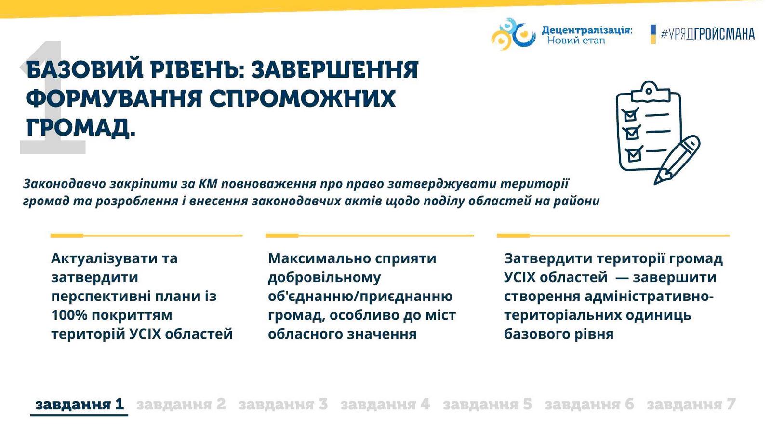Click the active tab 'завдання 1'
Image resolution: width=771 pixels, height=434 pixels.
[80, 405]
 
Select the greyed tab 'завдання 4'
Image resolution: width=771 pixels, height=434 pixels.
[385, 405]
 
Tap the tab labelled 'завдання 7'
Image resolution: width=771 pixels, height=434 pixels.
[691, 405]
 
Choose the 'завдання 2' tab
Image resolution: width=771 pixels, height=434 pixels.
[181, 405]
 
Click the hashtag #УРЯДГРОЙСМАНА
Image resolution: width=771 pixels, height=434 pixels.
[708, 34]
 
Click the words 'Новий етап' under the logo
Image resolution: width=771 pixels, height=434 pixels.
[576, 41]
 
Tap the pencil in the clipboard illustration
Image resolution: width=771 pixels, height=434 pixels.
[677, 160]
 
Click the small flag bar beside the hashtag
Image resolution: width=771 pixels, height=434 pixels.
[653, 34]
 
